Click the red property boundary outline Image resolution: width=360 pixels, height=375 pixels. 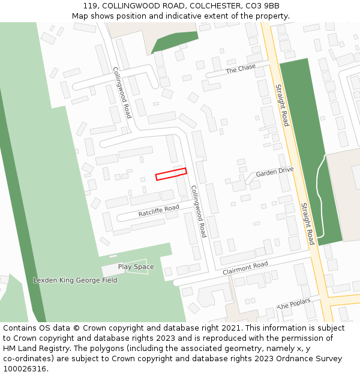click(x=171, y=174)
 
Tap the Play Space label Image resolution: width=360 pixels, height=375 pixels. click(x=136, y=267)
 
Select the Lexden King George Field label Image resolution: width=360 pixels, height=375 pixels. click(x=75, y=280)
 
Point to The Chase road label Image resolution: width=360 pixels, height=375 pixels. click(x=241, y=70)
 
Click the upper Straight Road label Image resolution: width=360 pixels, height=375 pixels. click(x=282, y=105)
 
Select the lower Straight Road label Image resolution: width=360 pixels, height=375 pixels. click(x=307, y=224)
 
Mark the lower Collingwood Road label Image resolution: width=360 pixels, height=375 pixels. click(x=199, y=211)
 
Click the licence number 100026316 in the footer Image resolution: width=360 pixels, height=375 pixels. click(x=25, y=368)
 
